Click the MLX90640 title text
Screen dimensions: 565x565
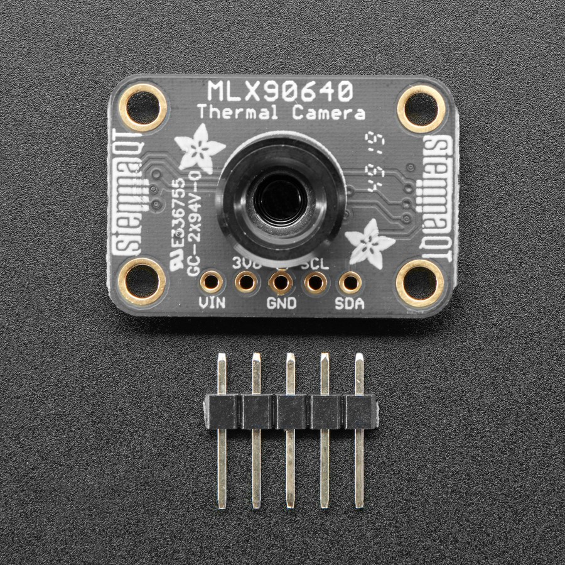click(x=281, y=93)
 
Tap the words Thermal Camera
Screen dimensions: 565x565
click(x=281, y=113)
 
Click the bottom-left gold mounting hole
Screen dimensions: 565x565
click(x=143, y=282)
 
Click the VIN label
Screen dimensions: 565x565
click(x=212, y=303)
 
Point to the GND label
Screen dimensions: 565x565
click(x=282, y=303)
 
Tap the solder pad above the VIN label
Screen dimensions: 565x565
click(x=212, y=282)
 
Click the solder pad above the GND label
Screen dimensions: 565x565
click(x=280, y=283)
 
